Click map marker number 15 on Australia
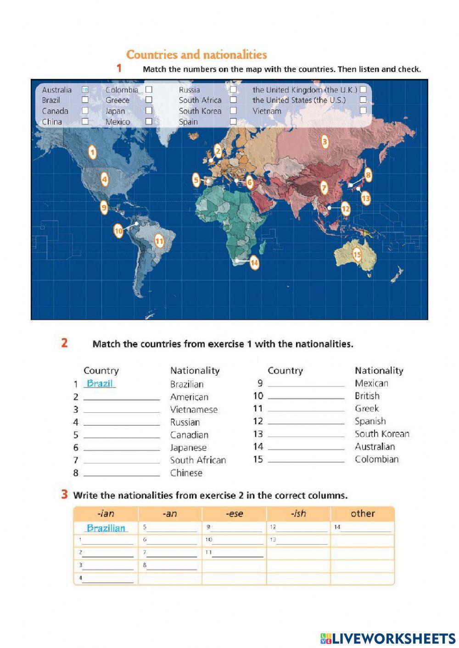pyautogui.click(x=357, y=254)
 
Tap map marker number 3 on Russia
pyautogui.click(x=325, y=142)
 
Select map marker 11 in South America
pyautogui.click(x=159, y=241)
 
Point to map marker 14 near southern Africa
pyautogui.click(x=254, y=263)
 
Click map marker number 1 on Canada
pyautogui.click(x=92, y=152)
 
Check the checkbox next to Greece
pyautogui.click(x=149, y=100)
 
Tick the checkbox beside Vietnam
pyautogui.click(x=363, y=111)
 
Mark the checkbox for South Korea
pyautogui.click(x=233, y=111)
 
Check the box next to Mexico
pyautogui.click(x=149, y=122)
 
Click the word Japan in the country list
pyautogui.click(x=115, y=111)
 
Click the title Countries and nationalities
pyautogui.click(x=196, y=55)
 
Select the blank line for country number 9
pyautogui.click(x=306, y=384)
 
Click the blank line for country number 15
pyautogui.click(x=306, y=460)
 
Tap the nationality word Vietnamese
pyautogui.click(x=194, y=410)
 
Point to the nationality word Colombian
pyautogui.click(x=376, y=459)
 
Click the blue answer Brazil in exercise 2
pyautogui.click(x=100, y=383)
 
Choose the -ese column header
pyautogui.click(x=234, y=514)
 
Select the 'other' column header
pyautogui.click(x=363, y=514)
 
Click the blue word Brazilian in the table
pyautogui.click(x=106, y=528)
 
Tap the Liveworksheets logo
pyautogui.click(x=387, y=638)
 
